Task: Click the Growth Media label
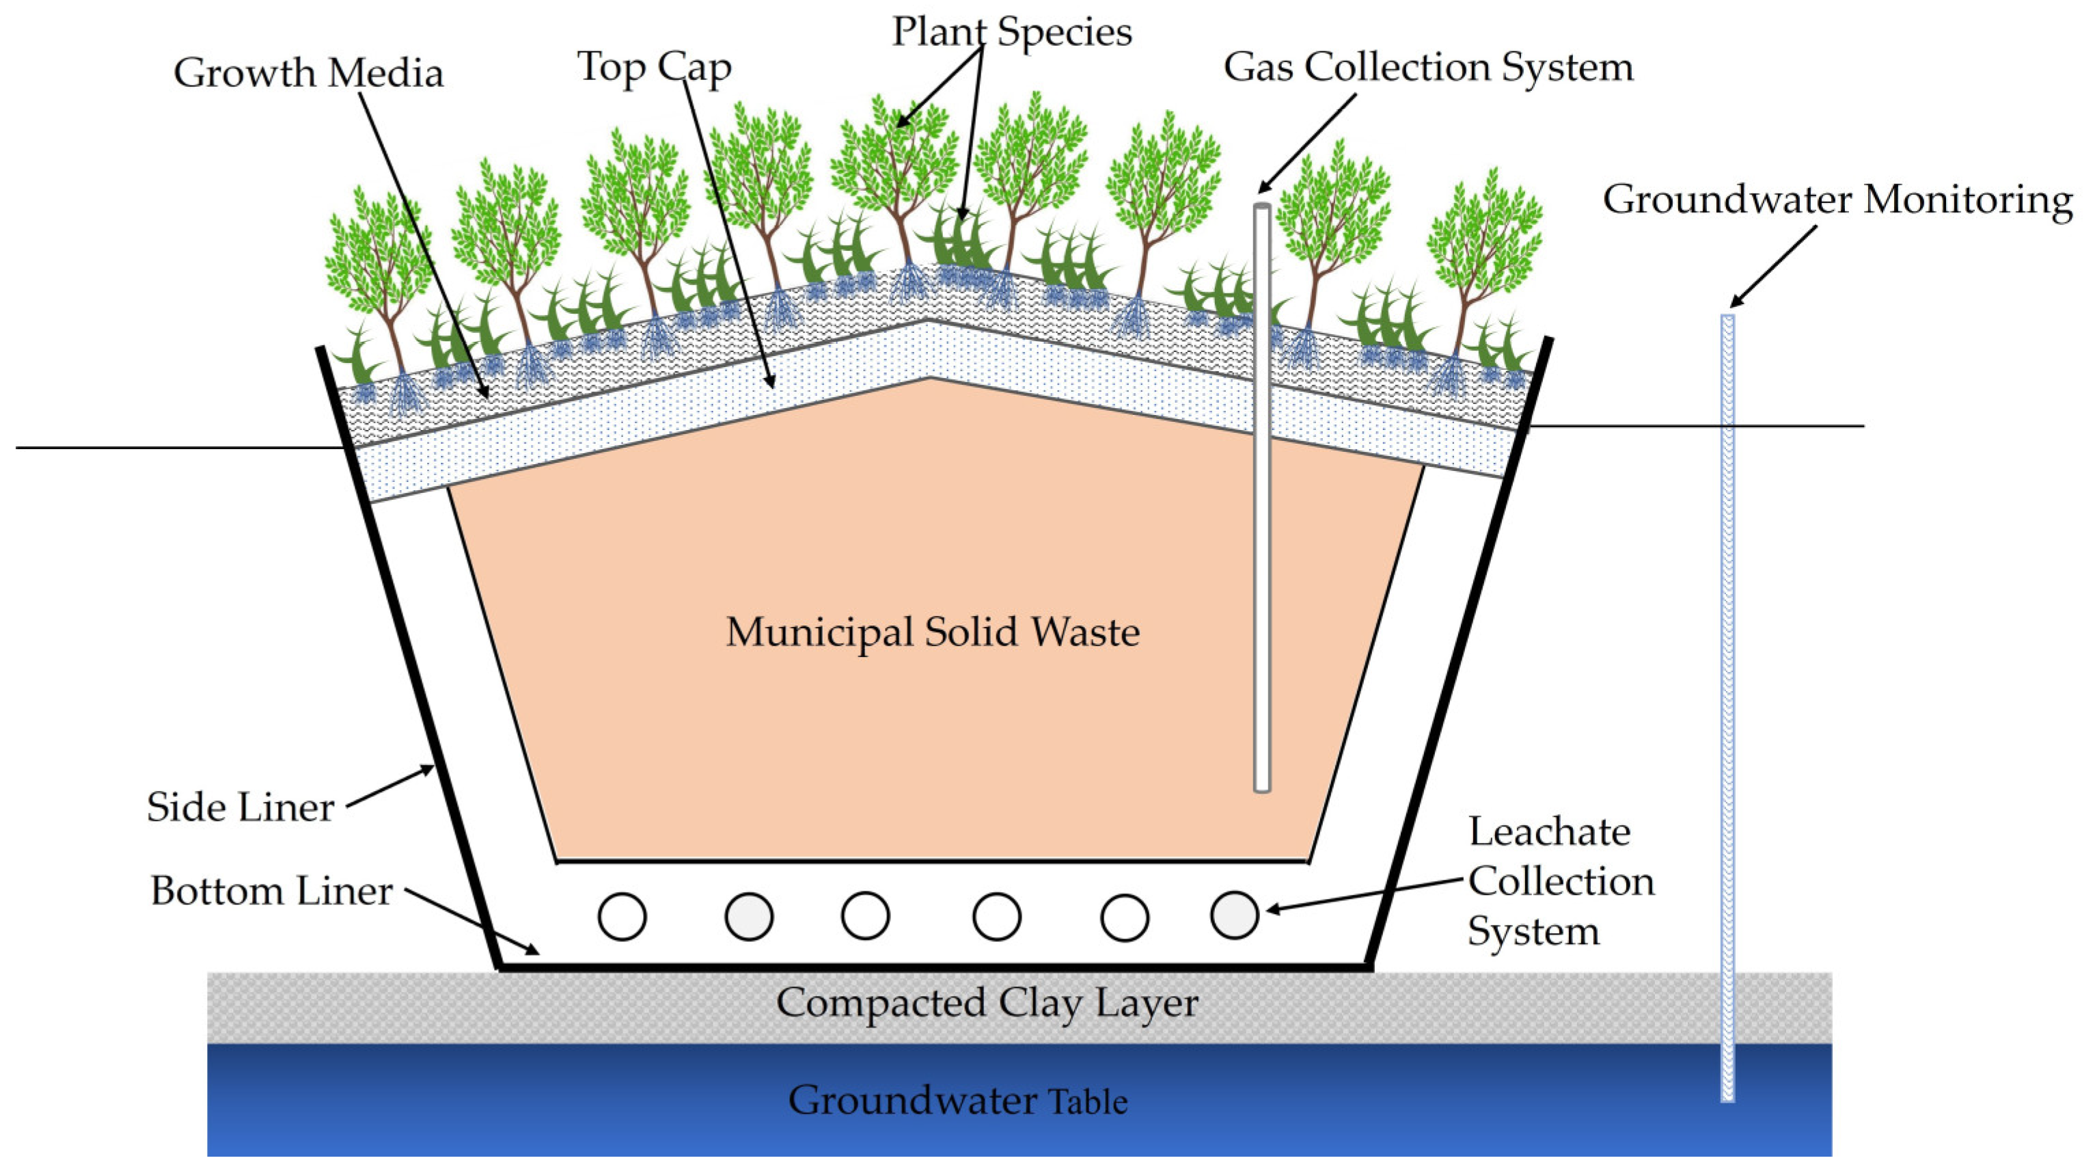(x=308, y=73)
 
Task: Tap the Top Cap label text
(x=654, y=67)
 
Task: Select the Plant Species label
(x=1012, y=33)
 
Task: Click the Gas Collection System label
(x=1428, y=67)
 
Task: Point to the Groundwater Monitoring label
(x=1837, y=200)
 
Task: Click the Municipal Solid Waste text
(x=932, y=632)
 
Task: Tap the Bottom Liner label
(x=271, y=891)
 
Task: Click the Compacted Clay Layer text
(x=987, y=1003)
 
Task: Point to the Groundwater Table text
(x=957, y=1101)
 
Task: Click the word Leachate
(x=1548, y=832)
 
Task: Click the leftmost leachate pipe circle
(x=622, y=917)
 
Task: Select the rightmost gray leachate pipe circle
(x=1234, y=915)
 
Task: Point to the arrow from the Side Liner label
(x=390, y=787)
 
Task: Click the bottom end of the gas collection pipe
(x=1261, y=786)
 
